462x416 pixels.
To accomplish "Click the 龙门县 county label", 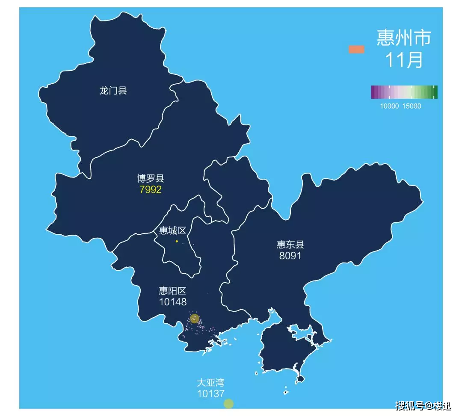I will click(x=113, y=91).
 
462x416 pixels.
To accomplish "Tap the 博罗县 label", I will click(x=150, y=178).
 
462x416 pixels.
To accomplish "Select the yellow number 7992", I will click(x=150, y=189).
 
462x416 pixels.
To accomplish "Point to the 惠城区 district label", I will click(x=172, y=231).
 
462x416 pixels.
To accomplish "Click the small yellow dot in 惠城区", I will click(x=177, y=241).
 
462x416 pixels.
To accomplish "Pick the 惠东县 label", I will click(x=290, y=245).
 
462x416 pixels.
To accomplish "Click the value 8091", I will click(x=290, y=256).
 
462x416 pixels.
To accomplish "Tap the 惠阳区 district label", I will click(x=172, y=291).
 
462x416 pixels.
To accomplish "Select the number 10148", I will click(x=172, y=302).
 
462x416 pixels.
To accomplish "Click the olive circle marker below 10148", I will click(x=195, y=318).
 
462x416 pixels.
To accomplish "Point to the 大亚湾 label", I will click(x=210, y=382).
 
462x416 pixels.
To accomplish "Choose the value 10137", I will click(x=210, y=393).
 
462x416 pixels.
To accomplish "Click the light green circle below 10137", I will click(x=228, y=404).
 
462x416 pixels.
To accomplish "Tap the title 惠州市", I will click(x=404, y=38).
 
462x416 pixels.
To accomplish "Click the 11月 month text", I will click(x=404, y=60).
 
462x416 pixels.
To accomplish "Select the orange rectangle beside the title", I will click(x=356, y=50).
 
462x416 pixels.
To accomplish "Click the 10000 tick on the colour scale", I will click(x=389, y=106).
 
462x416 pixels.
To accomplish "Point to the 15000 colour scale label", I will click(x=412, y=106).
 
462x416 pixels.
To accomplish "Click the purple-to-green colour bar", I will click(x=404, y=92).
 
